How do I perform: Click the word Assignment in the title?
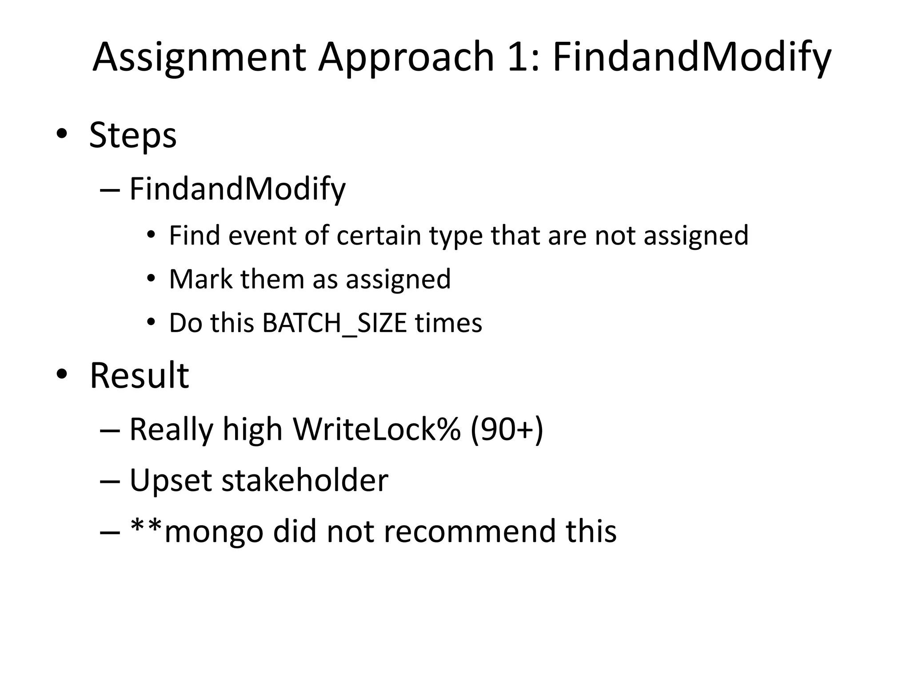[x=199, y=58]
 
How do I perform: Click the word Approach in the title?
[x=406, y=58]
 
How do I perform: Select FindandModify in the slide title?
[x=691, y=58]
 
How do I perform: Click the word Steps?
[x=133, y=136]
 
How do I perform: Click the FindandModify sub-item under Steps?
[x=237, y=189]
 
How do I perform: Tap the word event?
[x=262, y=235]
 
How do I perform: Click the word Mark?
[x=200, y=279]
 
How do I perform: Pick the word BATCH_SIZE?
[x=335, y=323]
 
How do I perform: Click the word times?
[x=449, y=323]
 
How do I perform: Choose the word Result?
[x=140, y=376]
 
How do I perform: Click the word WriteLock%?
[x=376, y=430]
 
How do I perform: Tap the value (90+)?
[x=507, y=430]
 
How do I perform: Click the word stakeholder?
[x=305, y=480]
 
